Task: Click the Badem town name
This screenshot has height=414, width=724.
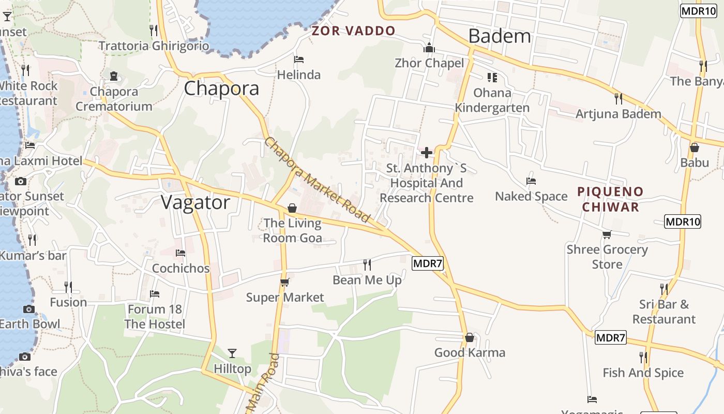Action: [x=500, y=36]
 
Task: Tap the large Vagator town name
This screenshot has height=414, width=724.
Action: [x=195, y=202]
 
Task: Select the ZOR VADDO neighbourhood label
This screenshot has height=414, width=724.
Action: [x=353, y=31]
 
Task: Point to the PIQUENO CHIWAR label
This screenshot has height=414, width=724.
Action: [x=610, y=199]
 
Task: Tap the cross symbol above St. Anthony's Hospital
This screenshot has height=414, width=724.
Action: [x=427, y=153]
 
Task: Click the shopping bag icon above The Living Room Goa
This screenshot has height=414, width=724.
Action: [x=292, y=208]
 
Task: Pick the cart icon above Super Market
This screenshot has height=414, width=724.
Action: [x=284, y=282]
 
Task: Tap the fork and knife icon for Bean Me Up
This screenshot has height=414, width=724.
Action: [x=367, y=265]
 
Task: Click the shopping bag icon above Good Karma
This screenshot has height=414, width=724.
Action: [x=470, y=337]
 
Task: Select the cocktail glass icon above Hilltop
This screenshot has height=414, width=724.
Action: [x=232, y=353]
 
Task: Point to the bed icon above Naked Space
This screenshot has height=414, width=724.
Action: [x=531, y=181]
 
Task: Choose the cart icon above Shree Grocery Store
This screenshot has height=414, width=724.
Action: [x=607, y=234]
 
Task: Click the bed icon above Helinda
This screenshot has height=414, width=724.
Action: [x=298, y=60]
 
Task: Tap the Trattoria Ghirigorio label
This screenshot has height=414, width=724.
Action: [x=154, y=46]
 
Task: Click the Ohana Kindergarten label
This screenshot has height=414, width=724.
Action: [x=492, y=100]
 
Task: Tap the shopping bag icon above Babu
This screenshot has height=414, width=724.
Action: [x=695, y=147]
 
